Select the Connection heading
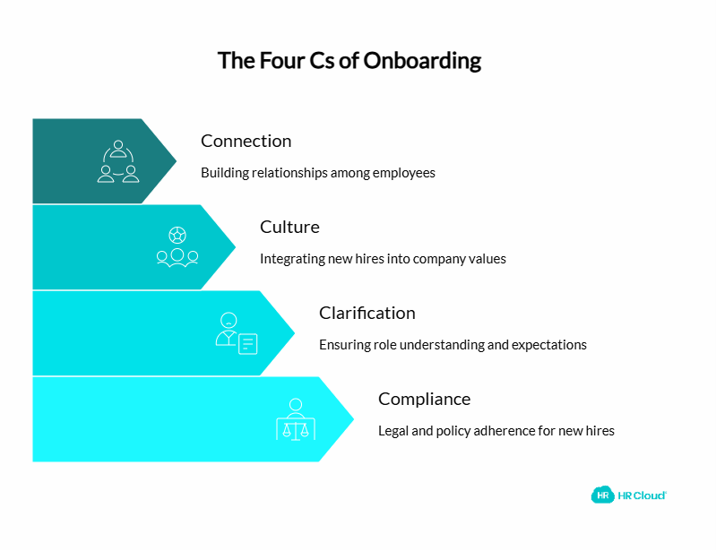pos(246,141)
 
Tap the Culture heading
pos(289,227)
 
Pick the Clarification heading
pos(367,313)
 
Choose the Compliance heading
pos(424,399)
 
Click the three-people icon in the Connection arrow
pos(118,161)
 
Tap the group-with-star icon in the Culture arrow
pos(177,247)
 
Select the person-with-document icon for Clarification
pos(236,333)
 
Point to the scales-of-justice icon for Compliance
pos(296,419)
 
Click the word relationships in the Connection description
pos(289,173)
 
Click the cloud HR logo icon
pos(602,495)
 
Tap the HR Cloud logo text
pos(642,495)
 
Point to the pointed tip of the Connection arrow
pos(176,161)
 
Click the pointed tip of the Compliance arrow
pos(353,419)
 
